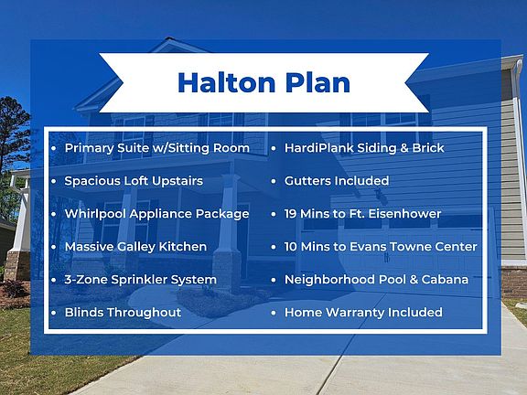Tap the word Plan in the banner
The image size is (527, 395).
[x=317, y=82]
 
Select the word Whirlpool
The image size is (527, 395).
[x=95, y=214]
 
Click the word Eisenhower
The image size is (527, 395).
[x=404, y=214]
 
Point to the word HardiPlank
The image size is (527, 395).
[x=319, y=148]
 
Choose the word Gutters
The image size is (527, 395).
[x=305, y=181]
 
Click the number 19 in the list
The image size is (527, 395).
[x=290, y=214]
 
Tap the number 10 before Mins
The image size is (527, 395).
[x=291, y=247]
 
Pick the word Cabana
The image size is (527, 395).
[x=445, y=280]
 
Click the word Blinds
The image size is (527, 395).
[x=84, y=313]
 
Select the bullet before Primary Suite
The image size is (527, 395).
[x=54, y=148]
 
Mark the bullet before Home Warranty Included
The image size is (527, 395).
[x=274, y=313]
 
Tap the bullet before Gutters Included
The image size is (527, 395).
[x=274, y=181]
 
